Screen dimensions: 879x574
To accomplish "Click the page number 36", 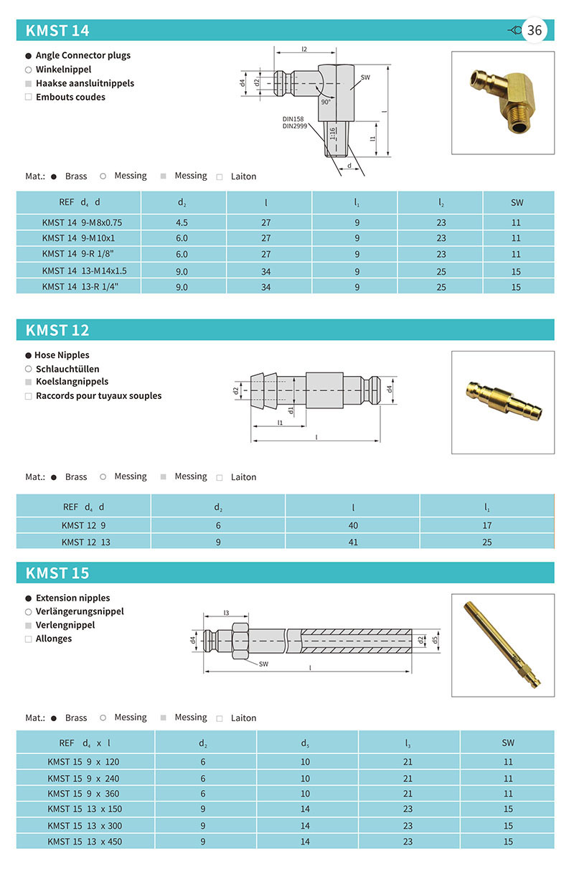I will pos(535,30).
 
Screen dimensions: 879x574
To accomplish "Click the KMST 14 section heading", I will pos(57,30).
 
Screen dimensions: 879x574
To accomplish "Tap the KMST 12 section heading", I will pos(57,330).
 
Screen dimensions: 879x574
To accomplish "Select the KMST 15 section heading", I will pos(57,573).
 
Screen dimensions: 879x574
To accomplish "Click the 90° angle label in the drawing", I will pos(326,102).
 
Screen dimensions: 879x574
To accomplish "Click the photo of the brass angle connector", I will pos(502,102).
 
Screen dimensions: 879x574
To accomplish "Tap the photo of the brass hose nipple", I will pos(502,402).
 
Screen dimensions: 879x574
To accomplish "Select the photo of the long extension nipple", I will pos(502,644).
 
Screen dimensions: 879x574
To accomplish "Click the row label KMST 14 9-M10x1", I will pos(78,238).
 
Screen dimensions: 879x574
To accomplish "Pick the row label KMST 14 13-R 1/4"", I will pos(80,286).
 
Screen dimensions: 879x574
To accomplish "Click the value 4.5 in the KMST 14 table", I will pos(182,222).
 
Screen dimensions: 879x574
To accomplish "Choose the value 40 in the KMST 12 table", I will pos(353,526).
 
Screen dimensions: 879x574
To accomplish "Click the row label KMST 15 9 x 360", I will pos(83,794).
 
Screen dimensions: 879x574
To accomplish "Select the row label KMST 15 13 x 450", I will pos(85,841).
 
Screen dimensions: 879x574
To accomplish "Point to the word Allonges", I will pos(54,639).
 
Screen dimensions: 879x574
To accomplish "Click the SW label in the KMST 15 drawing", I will pos(264,664).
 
